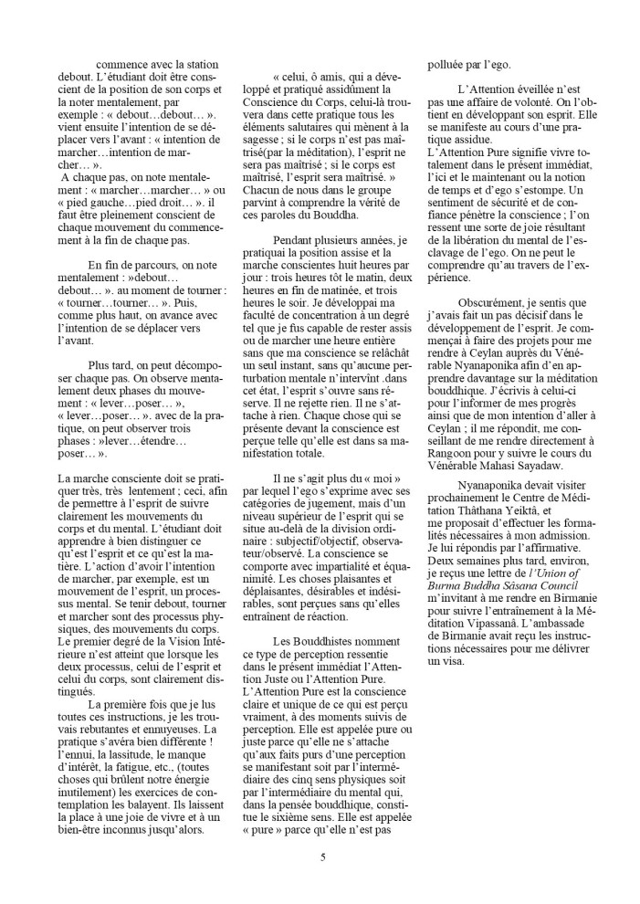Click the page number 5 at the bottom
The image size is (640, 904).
(322, 857)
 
